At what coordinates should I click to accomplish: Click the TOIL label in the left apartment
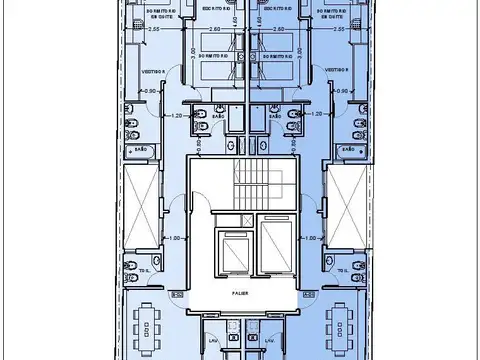[x=144, y=270]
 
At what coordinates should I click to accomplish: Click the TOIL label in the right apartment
[x=343, y=270]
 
